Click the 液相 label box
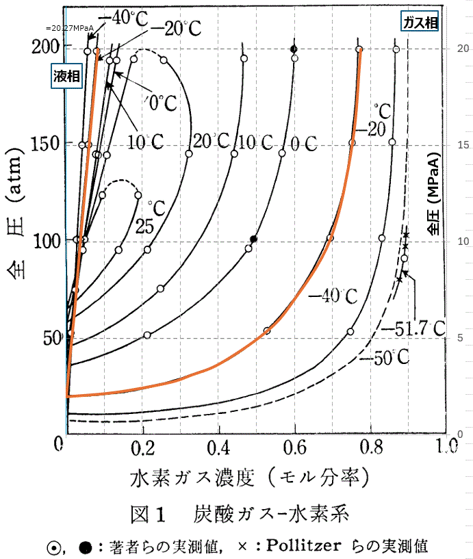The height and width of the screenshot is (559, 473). [x=66, y=77]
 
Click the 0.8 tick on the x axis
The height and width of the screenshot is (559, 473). [x=372, y=450]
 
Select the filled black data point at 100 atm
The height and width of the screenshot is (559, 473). [x=254, y=238]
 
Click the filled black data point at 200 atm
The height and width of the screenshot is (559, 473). [x=294, y=49]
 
